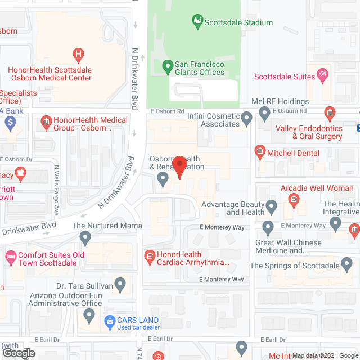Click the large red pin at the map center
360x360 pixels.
tap(179, 166)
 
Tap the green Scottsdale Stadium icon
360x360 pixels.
tap(197, 22)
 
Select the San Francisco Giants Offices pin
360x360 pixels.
tap(167, 66)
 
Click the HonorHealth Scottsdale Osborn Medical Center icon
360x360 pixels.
tap(79, 55)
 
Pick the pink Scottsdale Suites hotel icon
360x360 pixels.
tap(322, 74)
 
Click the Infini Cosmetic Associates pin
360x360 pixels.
tap(247, 118)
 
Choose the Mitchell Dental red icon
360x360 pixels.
tap(259, 151)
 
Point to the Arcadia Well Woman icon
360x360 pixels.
tap(293, 199)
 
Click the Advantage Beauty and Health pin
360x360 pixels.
tap(272, 207)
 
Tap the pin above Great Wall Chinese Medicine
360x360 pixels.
tap(268, 228)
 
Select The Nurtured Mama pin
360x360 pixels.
tap(85, 238)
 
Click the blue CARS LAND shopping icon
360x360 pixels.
tap(110, 321)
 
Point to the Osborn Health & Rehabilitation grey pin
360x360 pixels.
tap(163, 179)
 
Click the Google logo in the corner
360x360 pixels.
tap(18, 353)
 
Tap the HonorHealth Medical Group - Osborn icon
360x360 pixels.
tap(46, 120)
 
